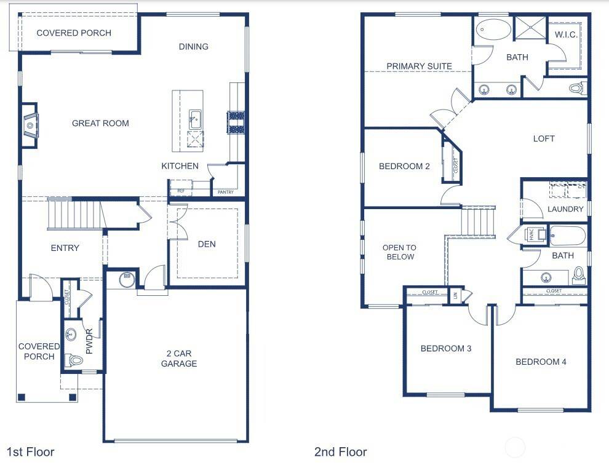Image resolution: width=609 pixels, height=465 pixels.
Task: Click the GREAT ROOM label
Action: [100, 123]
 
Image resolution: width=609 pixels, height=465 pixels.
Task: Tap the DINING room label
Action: [194, 47]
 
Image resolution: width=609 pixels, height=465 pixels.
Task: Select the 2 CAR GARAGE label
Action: [179, 359]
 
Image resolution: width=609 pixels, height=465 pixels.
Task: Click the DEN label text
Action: [207, 244]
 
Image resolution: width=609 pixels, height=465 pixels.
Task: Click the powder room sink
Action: [71, 335]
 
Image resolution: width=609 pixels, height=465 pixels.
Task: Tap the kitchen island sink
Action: [194, 119]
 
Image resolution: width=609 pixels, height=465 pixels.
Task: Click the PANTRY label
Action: [226, 193]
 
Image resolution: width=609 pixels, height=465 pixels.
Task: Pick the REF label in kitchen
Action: [180, 191]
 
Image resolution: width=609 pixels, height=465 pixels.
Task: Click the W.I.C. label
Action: [566, 34]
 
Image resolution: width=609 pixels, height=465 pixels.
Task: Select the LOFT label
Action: [544, 138]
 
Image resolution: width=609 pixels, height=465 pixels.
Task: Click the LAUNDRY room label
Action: [565, 209]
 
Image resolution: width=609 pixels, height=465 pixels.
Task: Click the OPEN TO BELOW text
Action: [399, 252]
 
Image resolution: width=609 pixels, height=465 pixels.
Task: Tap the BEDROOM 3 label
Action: [446, 349]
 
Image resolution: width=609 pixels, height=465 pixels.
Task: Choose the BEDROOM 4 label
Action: [541, 362]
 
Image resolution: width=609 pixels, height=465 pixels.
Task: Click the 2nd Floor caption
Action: [340, 453]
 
